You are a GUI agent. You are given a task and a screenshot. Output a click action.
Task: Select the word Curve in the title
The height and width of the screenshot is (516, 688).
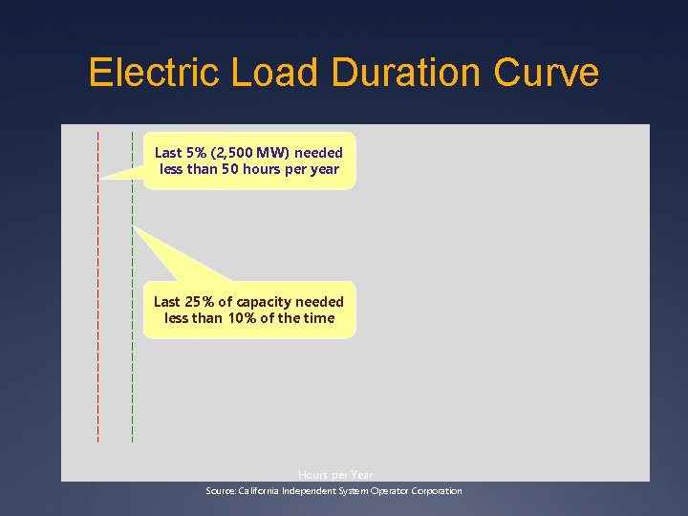tap(549, 74)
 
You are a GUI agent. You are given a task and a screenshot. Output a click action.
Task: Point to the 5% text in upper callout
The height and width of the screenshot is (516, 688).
tap(197, 153)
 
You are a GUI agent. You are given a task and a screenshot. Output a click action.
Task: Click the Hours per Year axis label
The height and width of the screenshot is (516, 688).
tap(335, 475)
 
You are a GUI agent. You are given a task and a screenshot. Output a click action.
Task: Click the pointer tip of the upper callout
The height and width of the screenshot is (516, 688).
tap(100, 177)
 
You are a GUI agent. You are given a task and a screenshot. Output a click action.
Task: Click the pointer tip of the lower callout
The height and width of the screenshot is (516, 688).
tap(135, 227)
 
